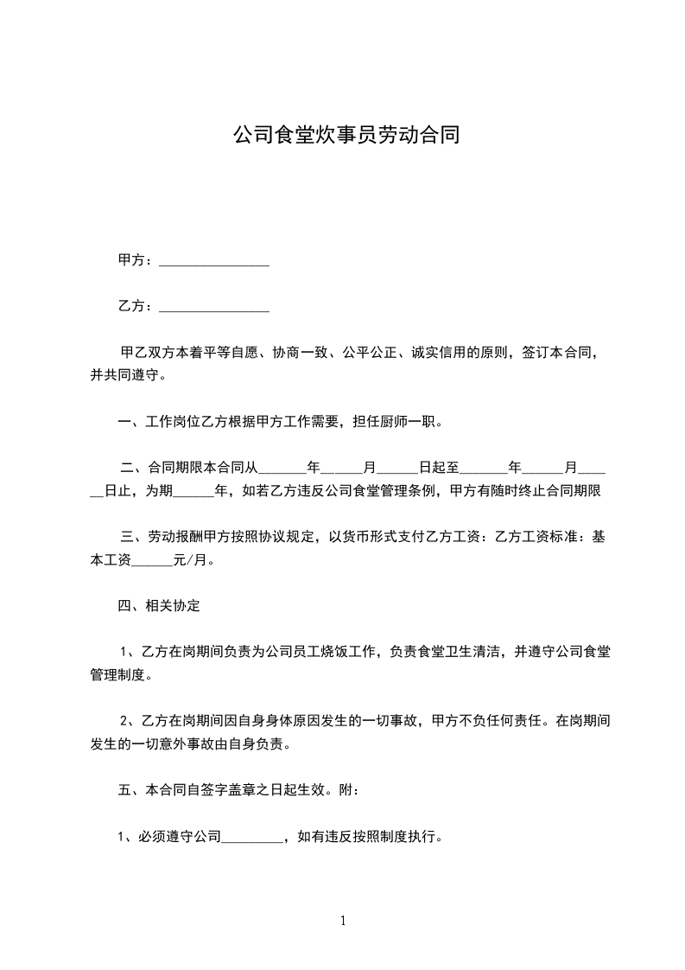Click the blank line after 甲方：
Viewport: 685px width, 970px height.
coord(214,261)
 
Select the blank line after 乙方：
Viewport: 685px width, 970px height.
coord(214,307)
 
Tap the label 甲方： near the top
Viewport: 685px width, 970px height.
coord(136,260)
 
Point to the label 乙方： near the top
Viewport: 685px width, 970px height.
coord(136,306)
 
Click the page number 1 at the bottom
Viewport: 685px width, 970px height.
coord(343,921)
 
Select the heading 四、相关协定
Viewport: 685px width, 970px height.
coord(159,606)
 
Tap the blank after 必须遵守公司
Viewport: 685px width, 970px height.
coord(252,837)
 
